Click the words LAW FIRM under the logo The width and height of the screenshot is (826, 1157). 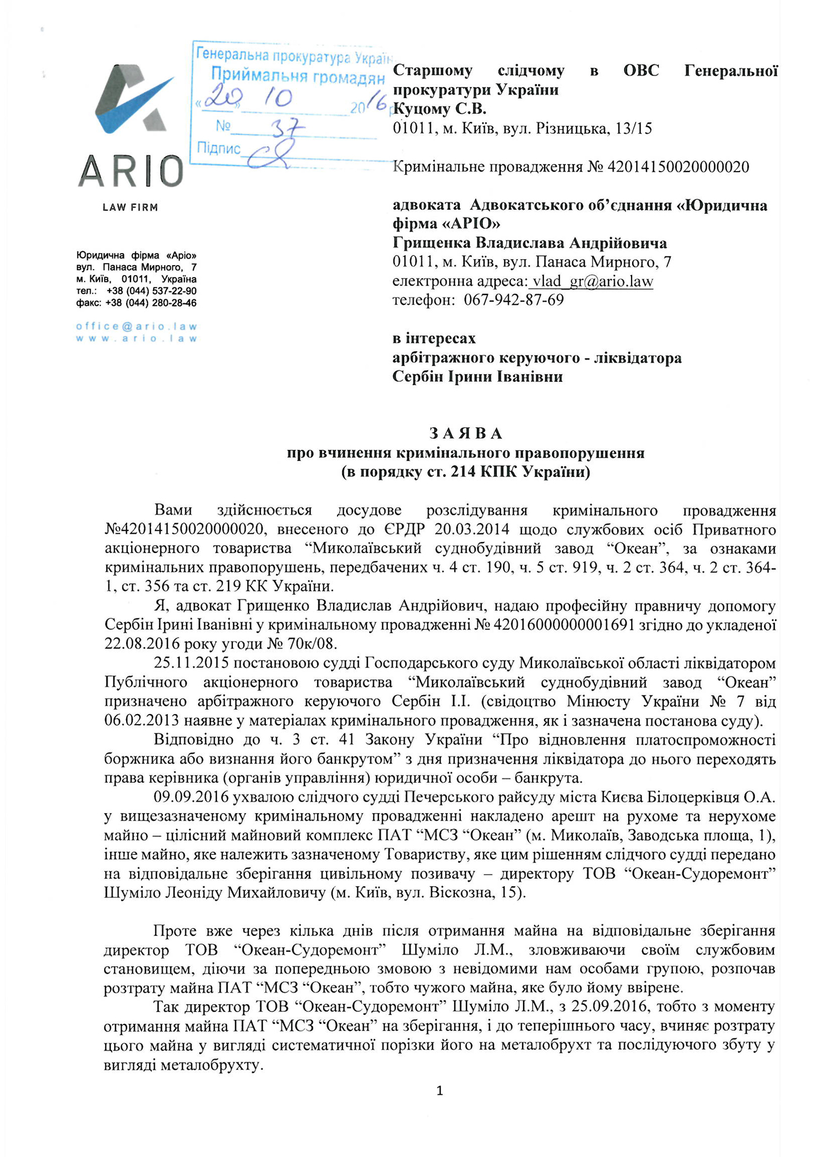click(130, 207)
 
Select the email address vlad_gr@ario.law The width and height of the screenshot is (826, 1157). click(591, 281)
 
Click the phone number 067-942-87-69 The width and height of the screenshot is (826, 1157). click(514, 300)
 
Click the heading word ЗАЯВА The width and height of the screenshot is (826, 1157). click(466, 434)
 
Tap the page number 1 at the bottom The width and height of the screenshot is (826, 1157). click(439, 1090)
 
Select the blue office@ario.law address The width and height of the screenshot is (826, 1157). click(137, 326)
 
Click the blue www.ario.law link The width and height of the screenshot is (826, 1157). click(137, 338)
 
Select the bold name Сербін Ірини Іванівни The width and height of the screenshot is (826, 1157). click(477, 377)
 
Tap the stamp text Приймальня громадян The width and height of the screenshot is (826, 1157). click(297, 77)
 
